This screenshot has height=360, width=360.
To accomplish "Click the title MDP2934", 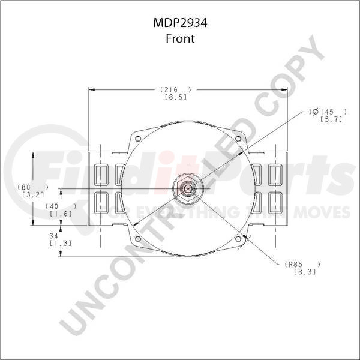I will click(x=181, y=25).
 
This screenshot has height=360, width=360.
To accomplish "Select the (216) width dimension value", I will click(x=170, y=89).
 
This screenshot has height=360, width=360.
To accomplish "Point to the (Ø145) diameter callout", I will click(x=328, y=112).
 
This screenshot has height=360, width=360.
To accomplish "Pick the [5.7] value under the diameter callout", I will click(x=329, y=120).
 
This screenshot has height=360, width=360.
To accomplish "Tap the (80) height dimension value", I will click(x=29, y=186).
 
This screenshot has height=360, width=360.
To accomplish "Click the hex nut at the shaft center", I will click(x=188, y=188).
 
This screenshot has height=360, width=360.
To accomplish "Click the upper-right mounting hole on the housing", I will click(x=238, y=139).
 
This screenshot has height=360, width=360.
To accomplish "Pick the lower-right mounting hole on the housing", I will click(x=238, y=238).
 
